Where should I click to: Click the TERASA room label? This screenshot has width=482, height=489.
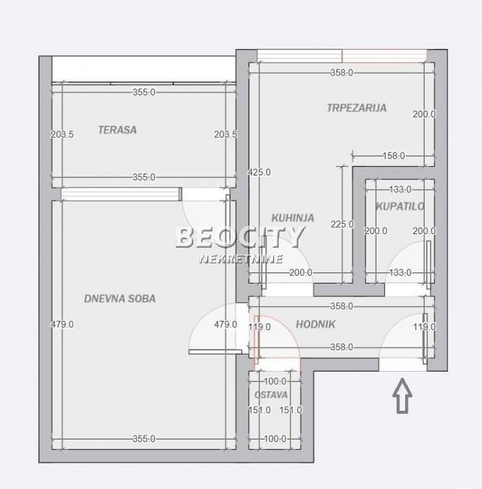(117, 130)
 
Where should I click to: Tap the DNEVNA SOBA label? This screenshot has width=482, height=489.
(120, 299)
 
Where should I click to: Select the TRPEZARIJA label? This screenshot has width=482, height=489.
(357, 108)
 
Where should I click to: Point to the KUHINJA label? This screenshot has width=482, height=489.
(292, 218)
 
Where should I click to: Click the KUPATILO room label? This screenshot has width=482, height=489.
(400, 206)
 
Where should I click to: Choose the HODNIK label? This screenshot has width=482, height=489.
(315, 324)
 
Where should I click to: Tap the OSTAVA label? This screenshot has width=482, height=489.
(271, 395)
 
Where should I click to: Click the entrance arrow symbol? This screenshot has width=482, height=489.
(403, 396)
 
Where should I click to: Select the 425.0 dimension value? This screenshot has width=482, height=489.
(259, 172)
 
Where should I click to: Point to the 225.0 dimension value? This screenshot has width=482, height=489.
(342, 224)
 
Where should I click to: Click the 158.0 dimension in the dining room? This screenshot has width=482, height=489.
(393, 156)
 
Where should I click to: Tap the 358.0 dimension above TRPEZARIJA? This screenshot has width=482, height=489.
(341, 72)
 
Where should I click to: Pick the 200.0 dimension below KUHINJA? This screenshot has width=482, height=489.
(301, 273)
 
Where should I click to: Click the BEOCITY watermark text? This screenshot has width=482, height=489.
(240, 237)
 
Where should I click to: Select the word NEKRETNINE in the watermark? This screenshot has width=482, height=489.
(241, 259)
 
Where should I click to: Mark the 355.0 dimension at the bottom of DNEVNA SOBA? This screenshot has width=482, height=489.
(144, 439)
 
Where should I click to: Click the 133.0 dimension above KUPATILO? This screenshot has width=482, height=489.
(401, 189)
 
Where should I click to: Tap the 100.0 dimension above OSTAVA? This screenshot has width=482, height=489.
(275, 381)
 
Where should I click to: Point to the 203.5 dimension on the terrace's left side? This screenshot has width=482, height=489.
(63, 134)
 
